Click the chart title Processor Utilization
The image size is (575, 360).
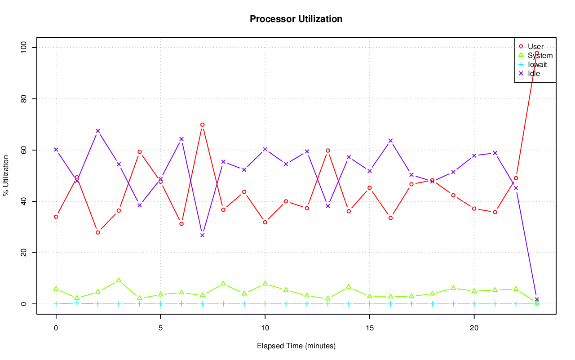(x=296, y=19)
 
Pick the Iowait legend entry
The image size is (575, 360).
(x=537, y=64)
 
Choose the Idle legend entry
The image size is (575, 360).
(x=534, y=73)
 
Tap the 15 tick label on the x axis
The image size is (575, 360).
(x=369, y=329)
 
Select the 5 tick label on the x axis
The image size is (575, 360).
(x=160, y=329)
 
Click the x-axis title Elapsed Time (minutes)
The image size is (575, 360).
(x=296, y=346)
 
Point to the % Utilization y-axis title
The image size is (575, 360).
(x=6, y=175)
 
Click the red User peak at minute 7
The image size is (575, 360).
(x=202, y=124)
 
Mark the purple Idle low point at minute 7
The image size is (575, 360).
(x=202, y=235)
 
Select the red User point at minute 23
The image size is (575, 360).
(x=536, y=53)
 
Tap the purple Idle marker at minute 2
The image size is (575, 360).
(x=98, y=131)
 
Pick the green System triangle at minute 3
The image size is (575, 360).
(x=119, y=280)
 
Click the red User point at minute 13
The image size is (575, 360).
(x=327, y=151)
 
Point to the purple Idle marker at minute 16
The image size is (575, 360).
(x=390, y=141)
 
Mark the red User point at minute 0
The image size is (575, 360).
(x=56, y=217)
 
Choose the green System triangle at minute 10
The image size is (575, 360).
(x=265, y=283)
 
